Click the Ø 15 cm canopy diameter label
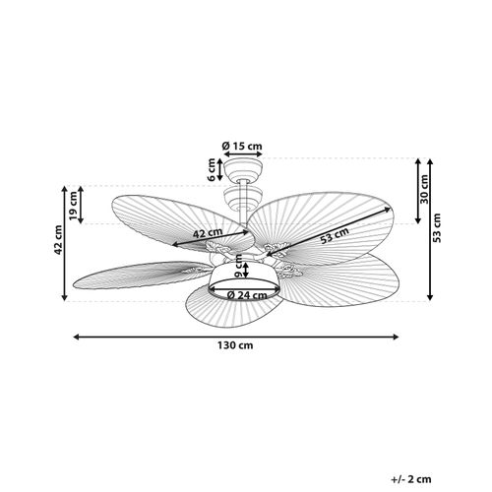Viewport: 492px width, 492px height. tap(243, 146)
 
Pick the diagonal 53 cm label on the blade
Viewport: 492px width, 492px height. tap(335, 234)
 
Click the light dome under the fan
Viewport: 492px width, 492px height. tap(243, 280)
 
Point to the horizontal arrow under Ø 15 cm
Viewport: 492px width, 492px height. tap(242, 156)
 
